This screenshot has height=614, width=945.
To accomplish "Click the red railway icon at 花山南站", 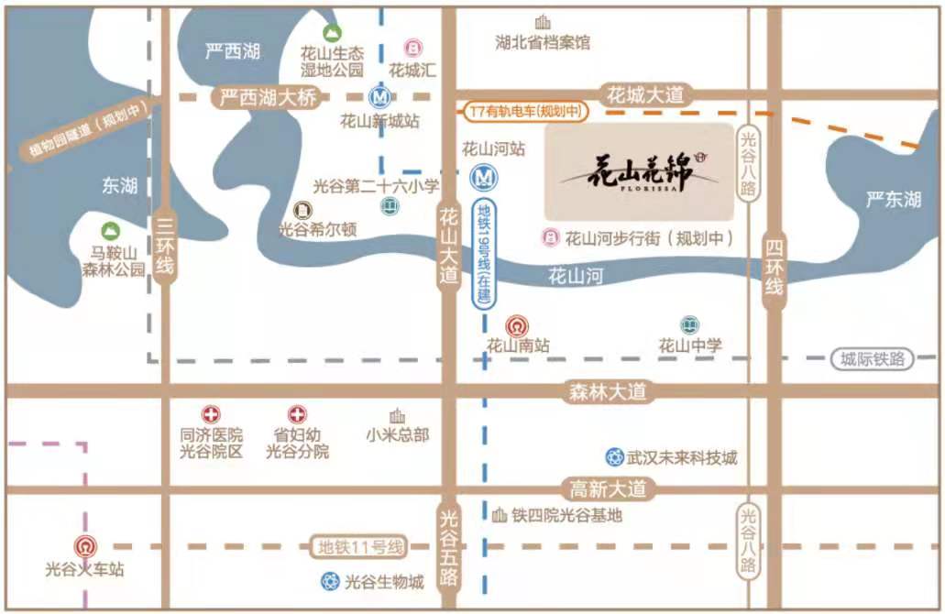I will pyautogui.click(x=517, y=325).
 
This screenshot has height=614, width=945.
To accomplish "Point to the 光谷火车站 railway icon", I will pyautogui.click(x=84, y=546).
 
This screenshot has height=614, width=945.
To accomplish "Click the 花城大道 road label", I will pyautogui.click(x=646, y=94).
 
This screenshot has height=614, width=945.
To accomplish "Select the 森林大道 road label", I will pyautogui.click(x=608, y=391).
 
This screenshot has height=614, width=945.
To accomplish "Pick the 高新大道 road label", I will pyautogui.click(x=608, y=488).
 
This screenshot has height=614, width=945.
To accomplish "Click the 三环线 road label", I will pyautogui.click(x=166, y=246).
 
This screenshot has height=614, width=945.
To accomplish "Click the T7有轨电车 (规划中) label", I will pyautogui.click(x=525, y=111).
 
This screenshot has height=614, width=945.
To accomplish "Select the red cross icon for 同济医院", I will pyautogui.click(x=212, y=414).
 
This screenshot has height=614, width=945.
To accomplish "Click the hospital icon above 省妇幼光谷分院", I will pyautogui.click(x=297, y=414).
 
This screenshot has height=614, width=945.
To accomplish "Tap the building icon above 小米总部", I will pyautogui.click(x=397, y=415).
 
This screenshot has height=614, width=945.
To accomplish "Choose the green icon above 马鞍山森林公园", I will pyautogui.click(x=112, y=229).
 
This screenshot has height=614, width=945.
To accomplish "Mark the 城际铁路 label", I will pyautogui.click(x=873, y=359).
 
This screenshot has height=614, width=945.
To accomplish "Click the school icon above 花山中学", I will pyautogui.click(x=689, y=324).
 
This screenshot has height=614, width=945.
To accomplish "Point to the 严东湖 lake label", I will pyautogui.click(x=893, y=199).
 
